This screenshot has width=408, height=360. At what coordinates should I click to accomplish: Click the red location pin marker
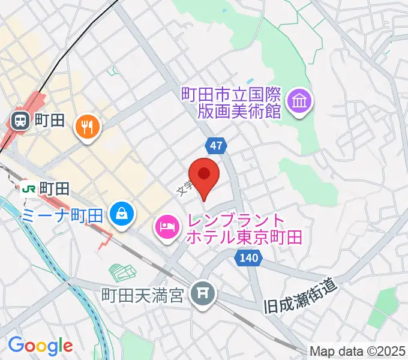pyautogui.click(x=204, y=175)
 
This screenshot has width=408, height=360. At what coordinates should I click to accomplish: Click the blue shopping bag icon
pyautogui.click(x=122, y=213)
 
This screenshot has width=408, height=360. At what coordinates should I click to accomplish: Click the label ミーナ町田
pyautogui.click(x=62, y=214)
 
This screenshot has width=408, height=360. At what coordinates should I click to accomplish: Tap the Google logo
pyautogui.click(x=40, y=345)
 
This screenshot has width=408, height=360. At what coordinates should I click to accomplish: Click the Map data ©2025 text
pyautogui.click(x=358, y=350)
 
